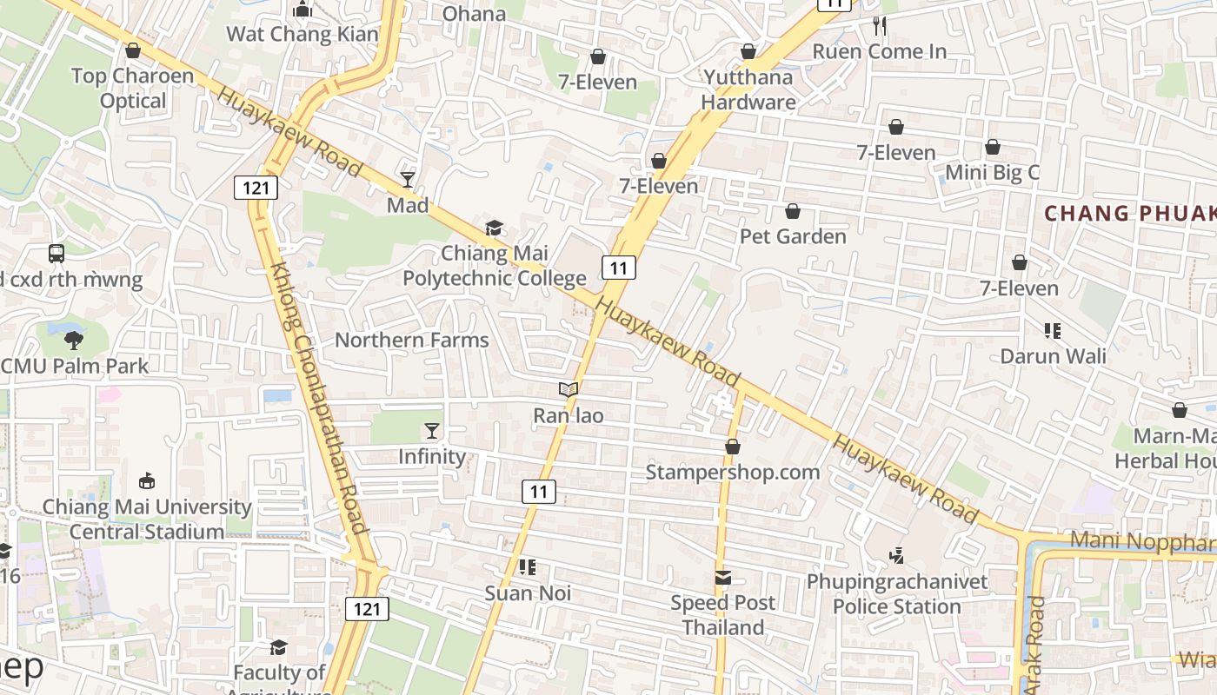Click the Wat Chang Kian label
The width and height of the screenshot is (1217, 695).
click(x=303, y=35)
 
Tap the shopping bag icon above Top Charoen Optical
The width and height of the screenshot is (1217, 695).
click(x=133, y=50)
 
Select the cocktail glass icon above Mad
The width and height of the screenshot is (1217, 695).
click(x=408, y=180)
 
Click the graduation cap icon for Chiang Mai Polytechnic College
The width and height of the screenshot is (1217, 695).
click(x=494, y=228)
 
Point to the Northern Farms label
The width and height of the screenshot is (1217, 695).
click(x=412, y=340)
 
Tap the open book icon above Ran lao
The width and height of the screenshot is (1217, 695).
click(x=569, y=390)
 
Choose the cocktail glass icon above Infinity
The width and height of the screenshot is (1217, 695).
click(x=431, y=431)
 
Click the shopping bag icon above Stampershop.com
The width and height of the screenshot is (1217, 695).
click(x=733, y=447)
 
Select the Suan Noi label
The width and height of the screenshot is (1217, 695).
click(x=528, y=593)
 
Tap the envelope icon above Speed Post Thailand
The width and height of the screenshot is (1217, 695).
click(x=722, y=578)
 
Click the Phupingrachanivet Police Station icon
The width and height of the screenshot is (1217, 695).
click(x=897, y=555)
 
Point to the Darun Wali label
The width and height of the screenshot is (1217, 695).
click(x=1053, y=356)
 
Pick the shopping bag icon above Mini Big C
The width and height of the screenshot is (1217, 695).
click(x=992, y=147)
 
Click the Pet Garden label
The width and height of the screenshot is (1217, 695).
click(x=793, y=236)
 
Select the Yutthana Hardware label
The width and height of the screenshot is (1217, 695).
click(x=748, y=89)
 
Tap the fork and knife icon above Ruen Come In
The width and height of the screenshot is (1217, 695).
click(x=880, y=26)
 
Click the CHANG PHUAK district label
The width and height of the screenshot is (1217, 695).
click(x=1129, y=214)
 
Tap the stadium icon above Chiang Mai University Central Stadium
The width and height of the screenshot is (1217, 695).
click(x=147, y=480)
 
